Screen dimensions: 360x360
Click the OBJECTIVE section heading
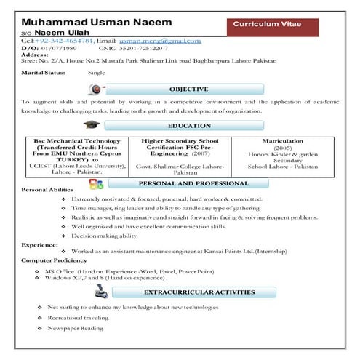click(188, 89)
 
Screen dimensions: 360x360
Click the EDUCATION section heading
click(188, 126)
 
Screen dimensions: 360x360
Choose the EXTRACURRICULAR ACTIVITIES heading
click(199, 292)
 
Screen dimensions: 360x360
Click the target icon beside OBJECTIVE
click(94, 89)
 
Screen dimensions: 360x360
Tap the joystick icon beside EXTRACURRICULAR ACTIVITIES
click(101, 291)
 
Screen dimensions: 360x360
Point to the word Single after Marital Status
click(96, 73)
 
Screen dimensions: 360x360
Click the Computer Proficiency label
click(54, 260)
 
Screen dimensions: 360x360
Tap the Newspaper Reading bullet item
click(76, 329)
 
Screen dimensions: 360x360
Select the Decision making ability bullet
click(104, 236)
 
